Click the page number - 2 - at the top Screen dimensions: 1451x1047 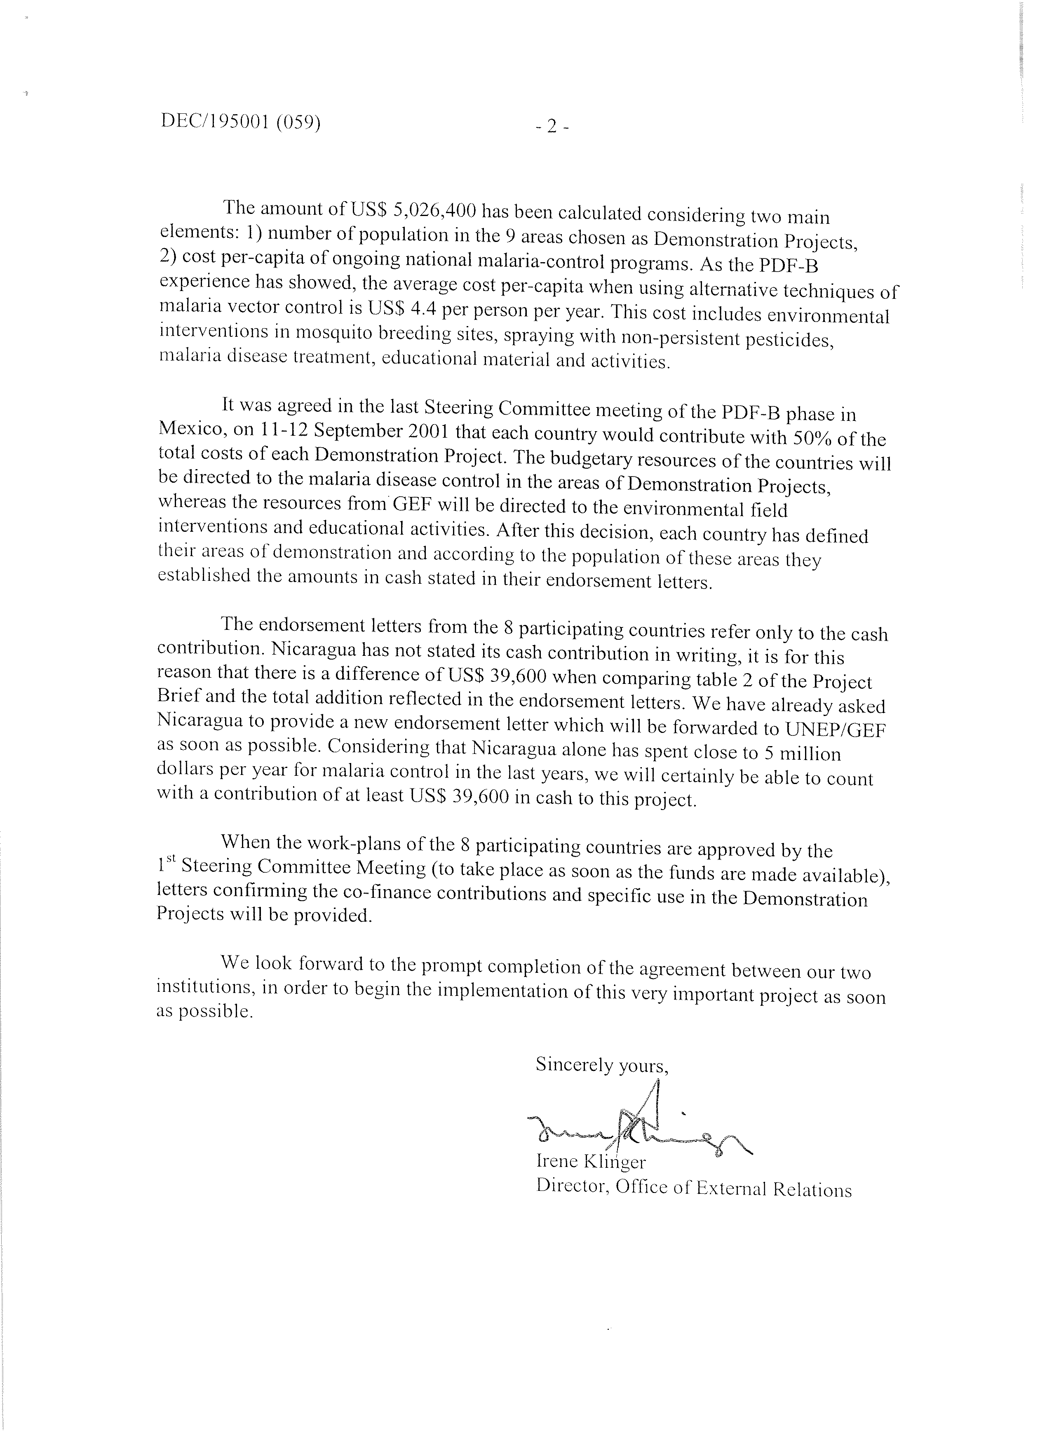[552, 127]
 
